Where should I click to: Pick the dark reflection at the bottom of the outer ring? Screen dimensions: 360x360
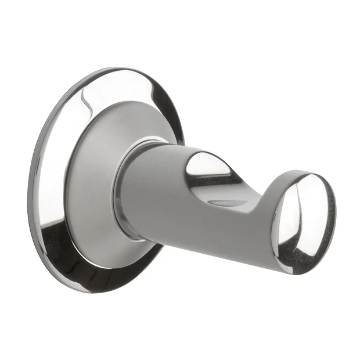(81, 267)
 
